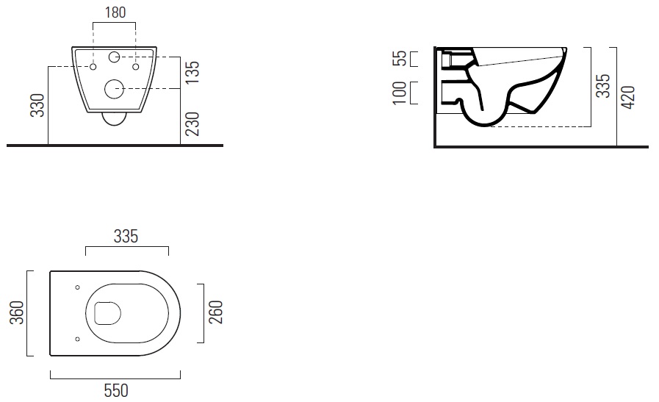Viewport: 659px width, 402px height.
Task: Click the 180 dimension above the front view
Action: tap(115, 12)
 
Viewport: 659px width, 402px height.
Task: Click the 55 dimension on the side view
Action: tap(400, 59)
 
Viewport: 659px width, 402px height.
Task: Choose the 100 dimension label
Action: tap(400, 93)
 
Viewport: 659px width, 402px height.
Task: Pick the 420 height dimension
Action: tap(628, 96)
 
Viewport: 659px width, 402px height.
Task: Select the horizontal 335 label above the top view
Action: tap(127, 236)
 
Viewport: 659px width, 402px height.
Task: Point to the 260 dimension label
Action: tap(215, 312)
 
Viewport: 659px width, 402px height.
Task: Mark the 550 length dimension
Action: tap(114, 390)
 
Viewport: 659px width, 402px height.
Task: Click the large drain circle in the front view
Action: tap(115, 90)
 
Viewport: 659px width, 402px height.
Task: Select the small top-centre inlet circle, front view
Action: tap(115, 57)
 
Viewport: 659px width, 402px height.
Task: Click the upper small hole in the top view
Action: tap(77, 287)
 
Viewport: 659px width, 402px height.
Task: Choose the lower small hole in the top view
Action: tap(77, 339)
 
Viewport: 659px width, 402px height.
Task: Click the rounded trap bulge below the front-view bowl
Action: tap(115, 119)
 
